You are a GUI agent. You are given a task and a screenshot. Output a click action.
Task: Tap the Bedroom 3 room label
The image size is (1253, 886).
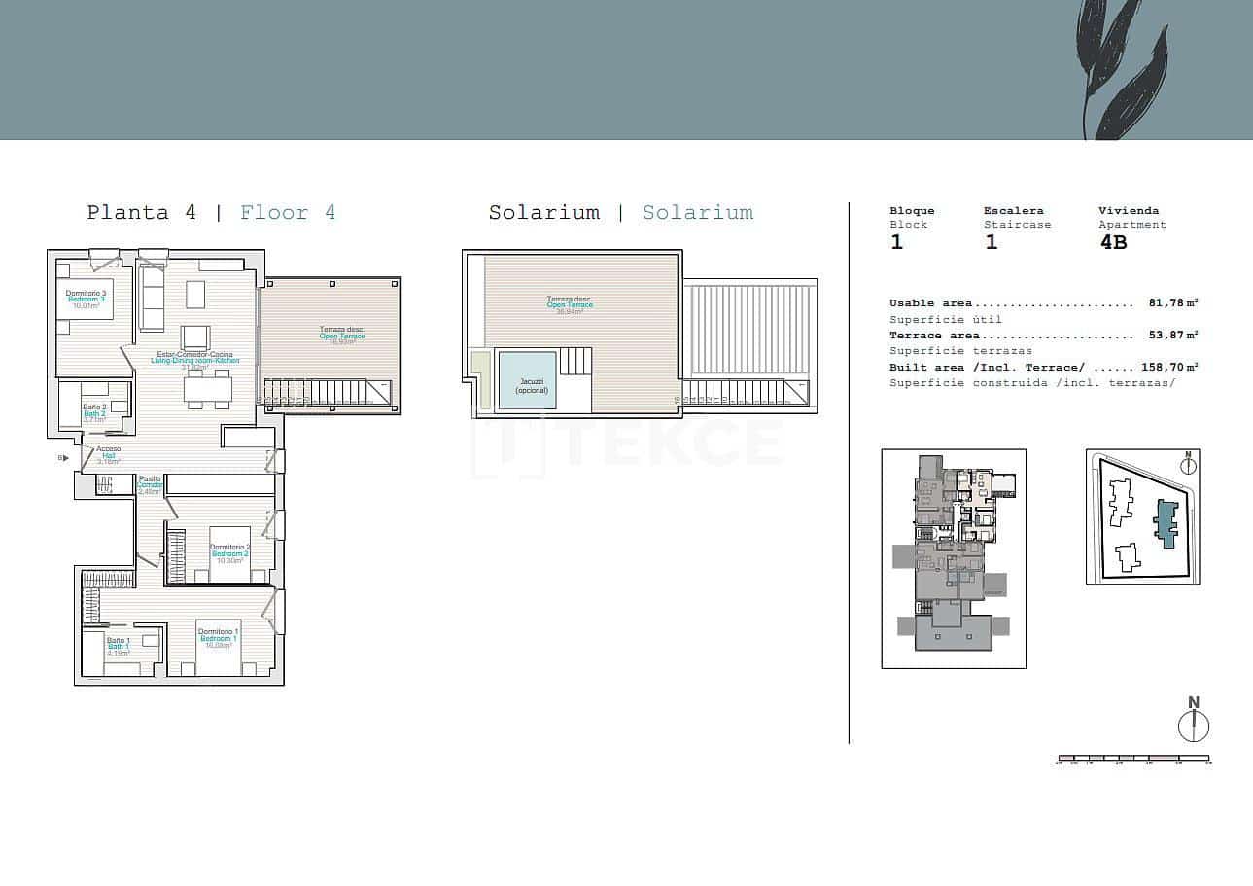(x=86, y=299)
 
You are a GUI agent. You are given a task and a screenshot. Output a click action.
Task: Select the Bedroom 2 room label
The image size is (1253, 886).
(x=231, y=553)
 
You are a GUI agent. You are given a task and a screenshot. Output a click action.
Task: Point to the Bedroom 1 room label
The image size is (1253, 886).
(x=219, y=638)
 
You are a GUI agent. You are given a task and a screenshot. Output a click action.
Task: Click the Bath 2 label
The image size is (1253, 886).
(x=94, y=413)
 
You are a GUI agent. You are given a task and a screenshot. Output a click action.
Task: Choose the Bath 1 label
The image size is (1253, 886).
(x=119, y=646)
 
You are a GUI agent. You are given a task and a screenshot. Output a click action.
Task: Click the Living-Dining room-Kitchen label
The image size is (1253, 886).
(x=195, y=360)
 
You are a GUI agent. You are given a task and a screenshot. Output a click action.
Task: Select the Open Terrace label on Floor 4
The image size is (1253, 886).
(x=342, y=336)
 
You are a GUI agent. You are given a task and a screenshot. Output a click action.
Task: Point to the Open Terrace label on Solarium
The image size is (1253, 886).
(x=570, y=304)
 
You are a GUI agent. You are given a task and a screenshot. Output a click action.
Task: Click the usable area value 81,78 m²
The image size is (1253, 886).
(x=1173, y=303)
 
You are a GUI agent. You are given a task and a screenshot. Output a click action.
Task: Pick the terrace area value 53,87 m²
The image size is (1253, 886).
(x=1173, y=335)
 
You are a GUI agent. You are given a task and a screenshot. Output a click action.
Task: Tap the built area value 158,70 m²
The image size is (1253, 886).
(x=1169, y=367)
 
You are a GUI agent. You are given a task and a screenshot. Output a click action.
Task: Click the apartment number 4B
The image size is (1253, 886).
(x=1113, y=243)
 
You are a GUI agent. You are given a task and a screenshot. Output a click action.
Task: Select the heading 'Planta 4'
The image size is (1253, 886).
(x=141, y=213)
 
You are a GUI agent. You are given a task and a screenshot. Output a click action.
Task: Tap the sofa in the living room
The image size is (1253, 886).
(x=153, y=297)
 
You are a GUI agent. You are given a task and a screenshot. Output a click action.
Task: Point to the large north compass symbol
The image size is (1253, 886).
(x=1193, y=725)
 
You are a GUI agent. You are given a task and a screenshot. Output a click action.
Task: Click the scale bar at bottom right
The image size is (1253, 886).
(x=1133, y=758)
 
